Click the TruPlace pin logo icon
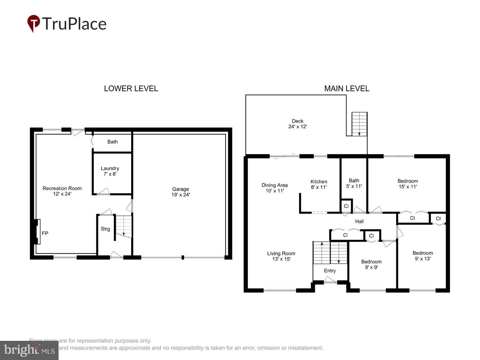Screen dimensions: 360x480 (x=34, y=23)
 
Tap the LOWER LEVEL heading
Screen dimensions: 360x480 (x=131, y=89)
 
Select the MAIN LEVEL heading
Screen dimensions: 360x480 (x=347, y=89)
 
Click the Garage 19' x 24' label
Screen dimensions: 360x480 (x=180, y=192)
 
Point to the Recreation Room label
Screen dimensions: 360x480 (x=62, y=191)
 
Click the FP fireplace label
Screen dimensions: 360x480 (x=45, y=234)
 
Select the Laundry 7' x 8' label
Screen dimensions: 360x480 (x=110, y=171)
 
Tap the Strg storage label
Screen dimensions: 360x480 (x=105, y=229)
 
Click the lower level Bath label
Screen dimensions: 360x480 (x=112, y=142)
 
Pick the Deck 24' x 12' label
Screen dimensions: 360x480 (x=298, y=124)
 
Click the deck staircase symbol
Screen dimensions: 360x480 (x=359, y=124)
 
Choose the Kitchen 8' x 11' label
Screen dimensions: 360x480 (x=319, y=184)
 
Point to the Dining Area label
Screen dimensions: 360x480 (x=275, y=188)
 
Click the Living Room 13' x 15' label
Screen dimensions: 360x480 (x=281, y=256)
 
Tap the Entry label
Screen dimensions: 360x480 (x=330, y=271)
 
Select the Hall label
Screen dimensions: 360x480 (x=359, y=221)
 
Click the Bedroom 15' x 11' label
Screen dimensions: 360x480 (x=408, y=184)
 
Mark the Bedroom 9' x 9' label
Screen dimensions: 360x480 (x=371, y=264)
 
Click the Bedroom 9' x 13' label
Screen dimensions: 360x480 (x=423, y=256)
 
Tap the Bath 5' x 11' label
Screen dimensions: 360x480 (x=354, y=183)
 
